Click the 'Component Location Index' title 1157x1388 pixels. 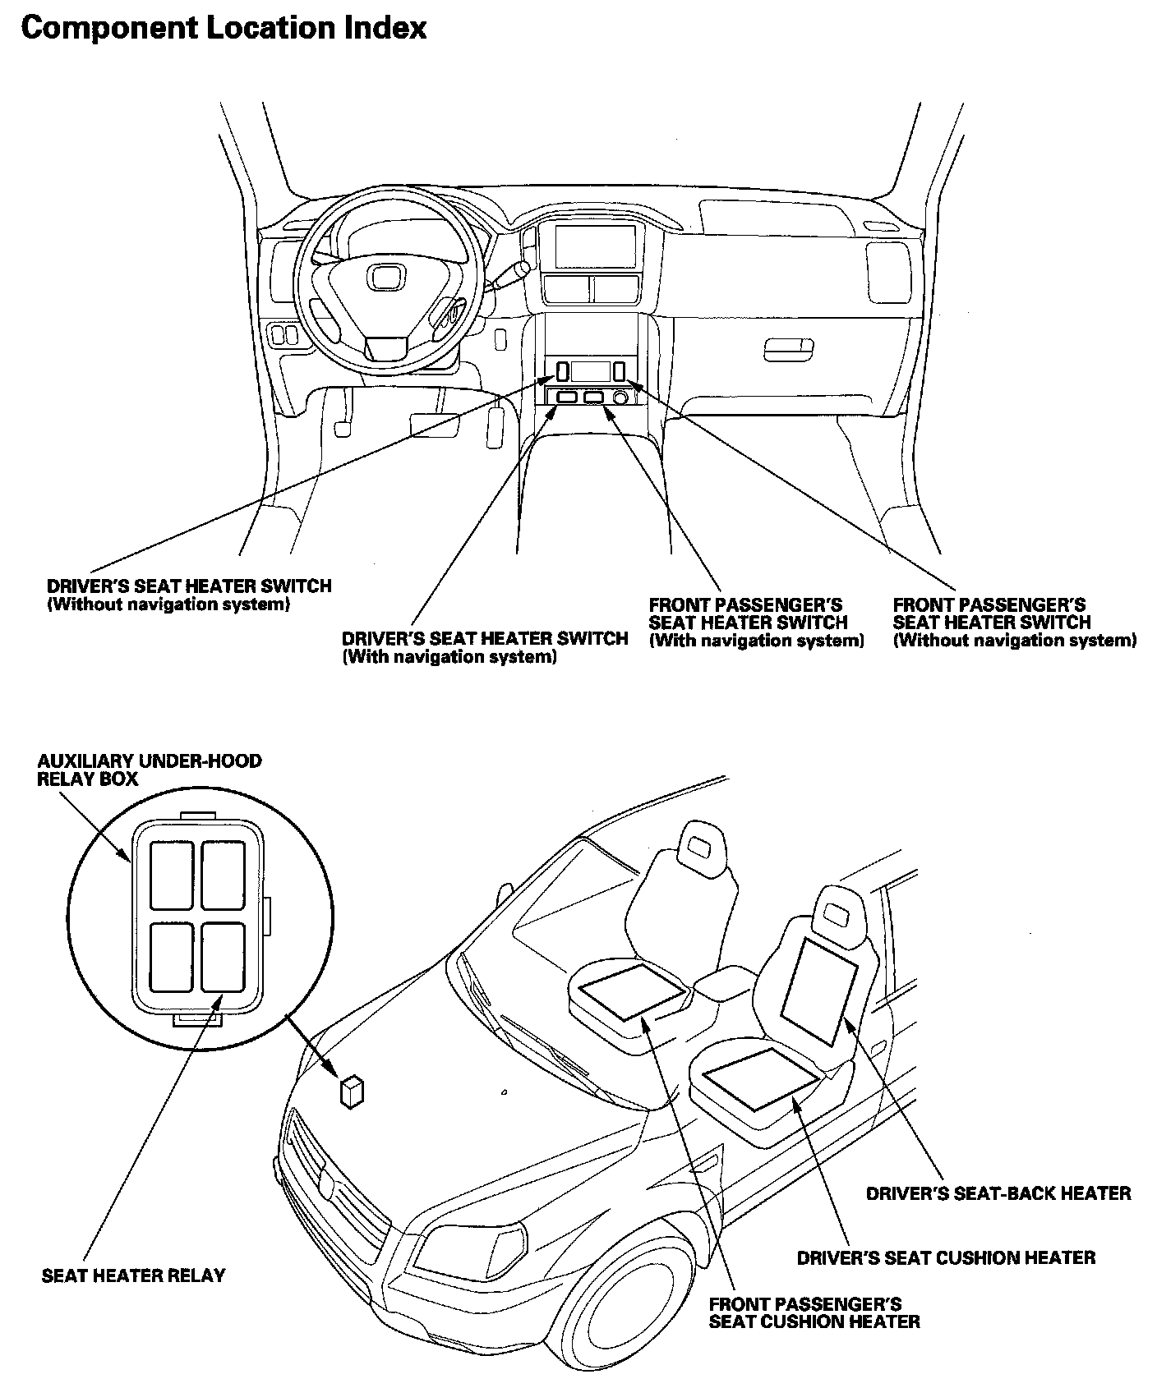tap(224, 29)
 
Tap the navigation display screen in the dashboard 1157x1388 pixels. tap(596, 246)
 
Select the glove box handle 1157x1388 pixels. tap(787, 349)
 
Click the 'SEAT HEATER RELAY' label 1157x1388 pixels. tap(133, 1275)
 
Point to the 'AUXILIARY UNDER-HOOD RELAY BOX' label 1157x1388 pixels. tap(149, 770)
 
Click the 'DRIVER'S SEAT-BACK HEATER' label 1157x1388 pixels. tap(998, 1193)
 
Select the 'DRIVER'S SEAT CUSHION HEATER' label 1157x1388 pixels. tap(946, 1257)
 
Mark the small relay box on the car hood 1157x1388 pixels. tap(352, 1092)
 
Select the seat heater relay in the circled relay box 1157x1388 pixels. tap(223, 958)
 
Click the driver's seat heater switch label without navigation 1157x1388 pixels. tap(189, 595)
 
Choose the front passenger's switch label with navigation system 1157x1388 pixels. tap(756, 623)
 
